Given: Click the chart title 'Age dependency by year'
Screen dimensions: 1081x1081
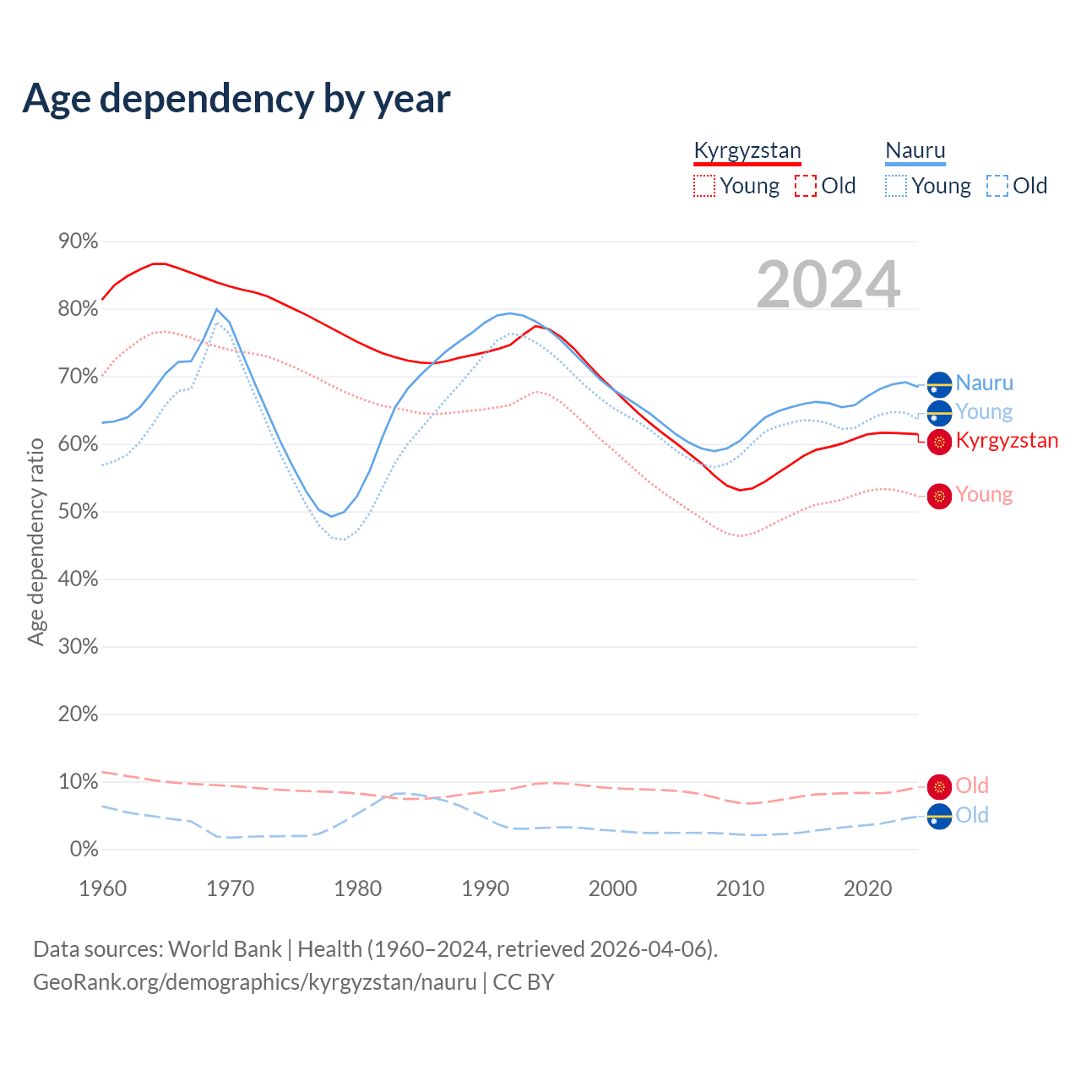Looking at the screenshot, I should tap(236, 99).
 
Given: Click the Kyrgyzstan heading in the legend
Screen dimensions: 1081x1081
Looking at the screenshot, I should tap(747, 151).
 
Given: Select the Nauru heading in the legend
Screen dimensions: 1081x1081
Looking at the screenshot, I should tap(915, 151).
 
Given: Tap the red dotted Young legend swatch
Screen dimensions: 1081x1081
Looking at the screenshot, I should tap(703, 186).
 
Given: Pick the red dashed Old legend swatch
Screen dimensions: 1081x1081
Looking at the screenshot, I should tap(805, 186).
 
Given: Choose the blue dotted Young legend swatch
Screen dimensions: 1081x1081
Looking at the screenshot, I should tap(895, 186).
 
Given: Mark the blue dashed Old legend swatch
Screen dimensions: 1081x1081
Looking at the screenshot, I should tap(997, 186).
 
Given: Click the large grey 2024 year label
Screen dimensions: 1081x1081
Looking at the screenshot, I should tap(828, 285).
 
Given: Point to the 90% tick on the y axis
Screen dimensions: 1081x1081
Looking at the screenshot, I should tap(79, 242).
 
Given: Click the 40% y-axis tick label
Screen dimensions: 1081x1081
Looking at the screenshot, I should tap(79, 579).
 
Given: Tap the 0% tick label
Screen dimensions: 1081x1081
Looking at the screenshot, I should tap(84, 850).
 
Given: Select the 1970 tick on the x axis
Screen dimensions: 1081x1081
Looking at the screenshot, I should tap(230, 888).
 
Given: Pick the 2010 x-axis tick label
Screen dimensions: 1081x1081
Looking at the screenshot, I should tap(740, 888).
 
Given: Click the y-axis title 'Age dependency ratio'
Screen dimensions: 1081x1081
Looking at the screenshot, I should tap(35, 541).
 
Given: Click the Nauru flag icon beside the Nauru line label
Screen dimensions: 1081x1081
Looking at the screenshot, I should tap(939, 384).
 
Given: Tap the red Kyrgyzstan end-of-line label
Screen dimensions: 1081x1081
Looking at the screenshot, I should tap(1007, 441).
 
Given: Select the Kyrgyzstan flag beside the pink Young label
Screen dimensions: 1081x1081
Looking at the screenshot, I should tap(939, 496).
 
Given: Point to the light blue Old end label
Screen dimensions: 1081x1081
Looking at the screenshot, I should tap(972, 815).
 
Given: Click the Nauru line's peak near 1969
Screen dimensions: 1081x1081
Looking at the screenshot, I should tap(216, 309).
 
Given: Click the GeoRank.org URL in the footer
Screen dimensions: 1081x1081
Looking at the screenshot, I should tap(255, 982).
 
